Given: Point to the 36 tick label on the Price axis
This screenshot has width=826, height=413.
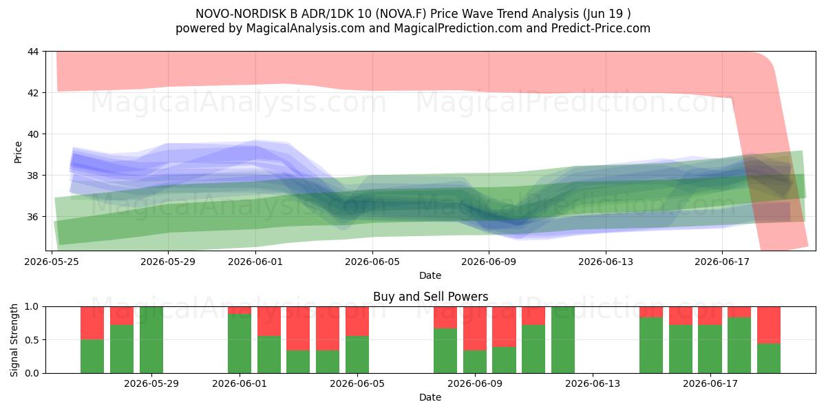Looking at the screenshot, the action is pos(33,217).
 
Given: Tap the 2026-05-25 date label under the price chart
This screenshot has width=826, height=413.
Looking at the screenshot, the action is pos(52,262).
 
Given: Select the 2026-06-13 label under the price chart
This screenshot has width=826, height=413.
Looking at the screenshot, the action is pos(606,262).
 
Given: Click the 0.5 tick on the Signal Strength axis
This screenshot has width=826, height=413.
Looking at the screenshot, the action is pos(32,340).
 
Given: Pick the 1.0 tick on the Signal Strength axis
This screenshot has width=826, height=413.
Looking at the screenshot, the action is pos(32,307).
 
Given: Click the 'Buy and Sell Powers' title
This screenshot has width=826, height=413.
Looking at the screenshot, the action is pos(430,297).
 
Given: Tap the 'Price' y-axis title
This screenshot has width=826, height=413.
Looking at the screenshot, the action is pos(18,152).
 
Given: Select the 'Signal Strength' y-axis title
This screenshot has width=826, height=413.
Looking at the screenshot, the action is pos(14,340).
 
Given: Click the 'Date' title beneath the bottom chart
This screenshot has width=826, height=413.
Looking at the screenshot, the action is pos(430,397).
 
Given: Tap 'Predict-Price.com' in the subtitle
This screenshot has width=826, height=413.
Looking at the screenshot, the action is pos(601,28).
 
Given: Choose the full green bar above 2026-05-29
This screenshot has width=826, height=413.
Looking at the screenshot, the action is pos(151,340).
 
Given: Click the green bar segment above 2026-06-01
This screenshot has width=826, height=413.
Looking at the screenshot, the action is pos(240,343).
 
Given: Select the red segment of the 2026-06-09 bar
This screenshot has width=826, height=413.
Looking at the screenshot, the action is pos(474,328).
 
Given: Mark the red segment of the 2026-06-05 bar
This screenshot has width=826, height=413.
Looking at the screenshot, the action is pos(357,321).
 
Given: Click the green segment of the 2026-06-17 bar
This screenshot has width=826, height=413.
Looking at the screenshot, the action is pos(710,349).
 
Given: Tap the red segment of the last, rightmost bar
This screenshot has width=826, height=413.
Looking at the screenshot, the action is pos(769,325).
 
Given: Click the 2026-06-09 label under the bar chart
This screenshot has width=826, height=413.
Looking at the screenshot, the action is pos(475,384).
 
